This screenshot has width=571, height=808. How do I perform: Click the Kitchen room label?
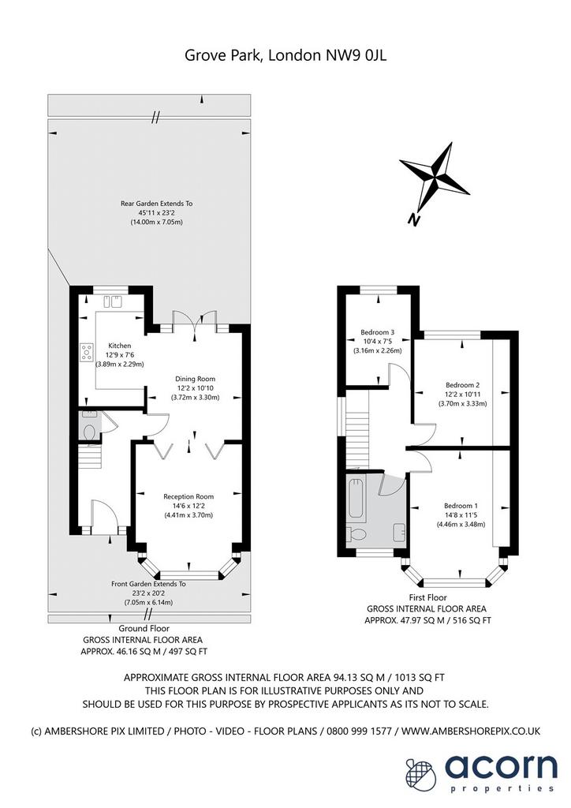[x=119, y=346]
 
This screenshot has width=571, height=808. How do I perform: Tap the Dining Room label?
[x=195, y=379]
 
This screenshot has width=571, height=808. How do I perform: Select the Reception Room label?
[x=188, y=497]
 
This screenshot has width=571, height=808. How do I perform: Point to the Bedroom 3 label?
[x=378, y=332]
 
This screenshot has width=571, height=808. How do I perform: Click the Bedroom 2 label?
[x=463, y=385]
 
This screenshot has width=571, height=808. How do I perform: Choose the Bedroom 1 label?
[x=461, y=506]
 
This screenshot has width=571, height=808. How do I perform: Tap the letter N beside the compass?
[x=413, y=220]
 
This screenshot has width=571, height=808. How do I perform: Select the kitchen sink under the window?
[x=114, y=301]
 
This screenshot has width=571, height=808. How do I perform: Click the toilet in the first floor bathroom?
[x=356, y=535]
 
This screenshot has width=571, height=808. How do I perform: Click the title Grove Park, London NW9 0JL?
[x=285, y=55]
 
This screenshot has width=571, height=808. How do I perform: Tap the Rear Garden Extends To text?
[x=156, y=204]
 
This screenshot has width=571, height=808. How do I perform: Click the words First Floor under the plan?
[x=428, y=598]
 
